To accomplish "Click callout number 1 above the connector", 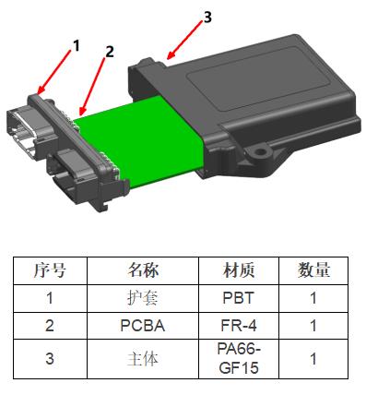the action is pos(77,46).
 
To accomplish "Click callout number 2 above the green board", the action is pos(110,52).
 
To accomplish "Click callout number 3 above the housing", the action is pos(207,18).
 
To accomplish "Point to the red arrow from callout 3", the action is pos(185,40).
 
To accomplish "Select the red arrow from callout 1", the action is pos(54,71).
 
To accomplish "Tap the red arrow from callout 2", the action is pos(91,87).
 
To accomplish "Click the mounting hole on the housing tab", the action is pos(261,151).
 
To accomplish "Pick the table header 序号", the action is pos(50,270).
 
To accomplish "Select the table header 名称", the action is pos(143,270).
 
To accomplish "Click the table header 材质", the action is pos(239,270).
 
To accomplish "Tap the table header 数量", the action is pos(313,270).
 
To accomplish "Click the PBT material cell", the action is pos(239,298).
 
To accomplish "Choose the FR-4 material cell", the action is pos(239,326).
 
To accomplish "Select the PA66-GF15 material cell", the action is pos(239,359).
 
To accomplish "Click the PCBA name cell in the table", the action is pos(143,326).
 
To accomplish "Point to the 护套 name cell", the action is pos(143,298).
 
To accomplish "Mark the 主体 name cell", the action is pos(143,359).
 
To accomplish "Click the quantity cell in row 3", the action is pos(313,359).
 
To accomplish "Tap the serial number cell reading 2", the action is pos(50,326).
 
